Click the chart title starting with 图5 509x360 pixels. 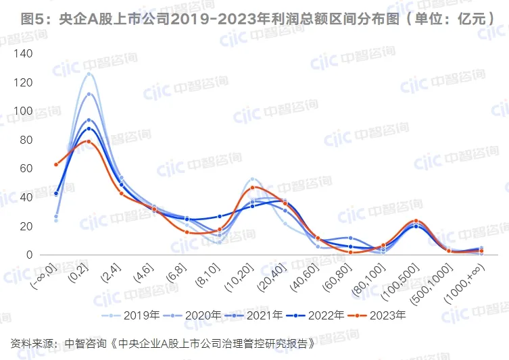click(254, 18)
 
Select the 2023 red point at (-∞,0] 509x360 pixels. click(56, 164)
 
